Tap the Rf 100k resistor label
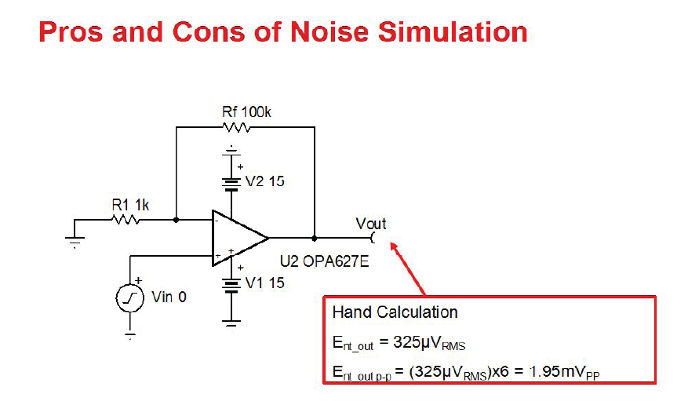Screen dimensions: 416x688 pos(246,113)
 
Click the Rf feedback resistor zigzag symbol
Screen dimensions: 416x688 pos(236,127)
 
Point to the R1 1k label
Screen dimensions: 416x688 pos(130,205)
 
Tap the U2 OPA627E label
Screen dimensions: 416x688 pos(325,261)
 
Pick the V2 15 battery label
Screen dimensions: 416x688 pos(264,181)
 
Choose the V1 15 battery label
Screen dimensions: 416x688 pos(264,283)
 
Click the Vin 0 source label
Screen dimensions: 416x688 pos(169,297)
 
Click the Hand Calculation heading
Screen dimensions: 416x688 pos(395,312)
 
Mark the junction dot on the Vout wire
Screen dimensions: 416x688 pos(315,237)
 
